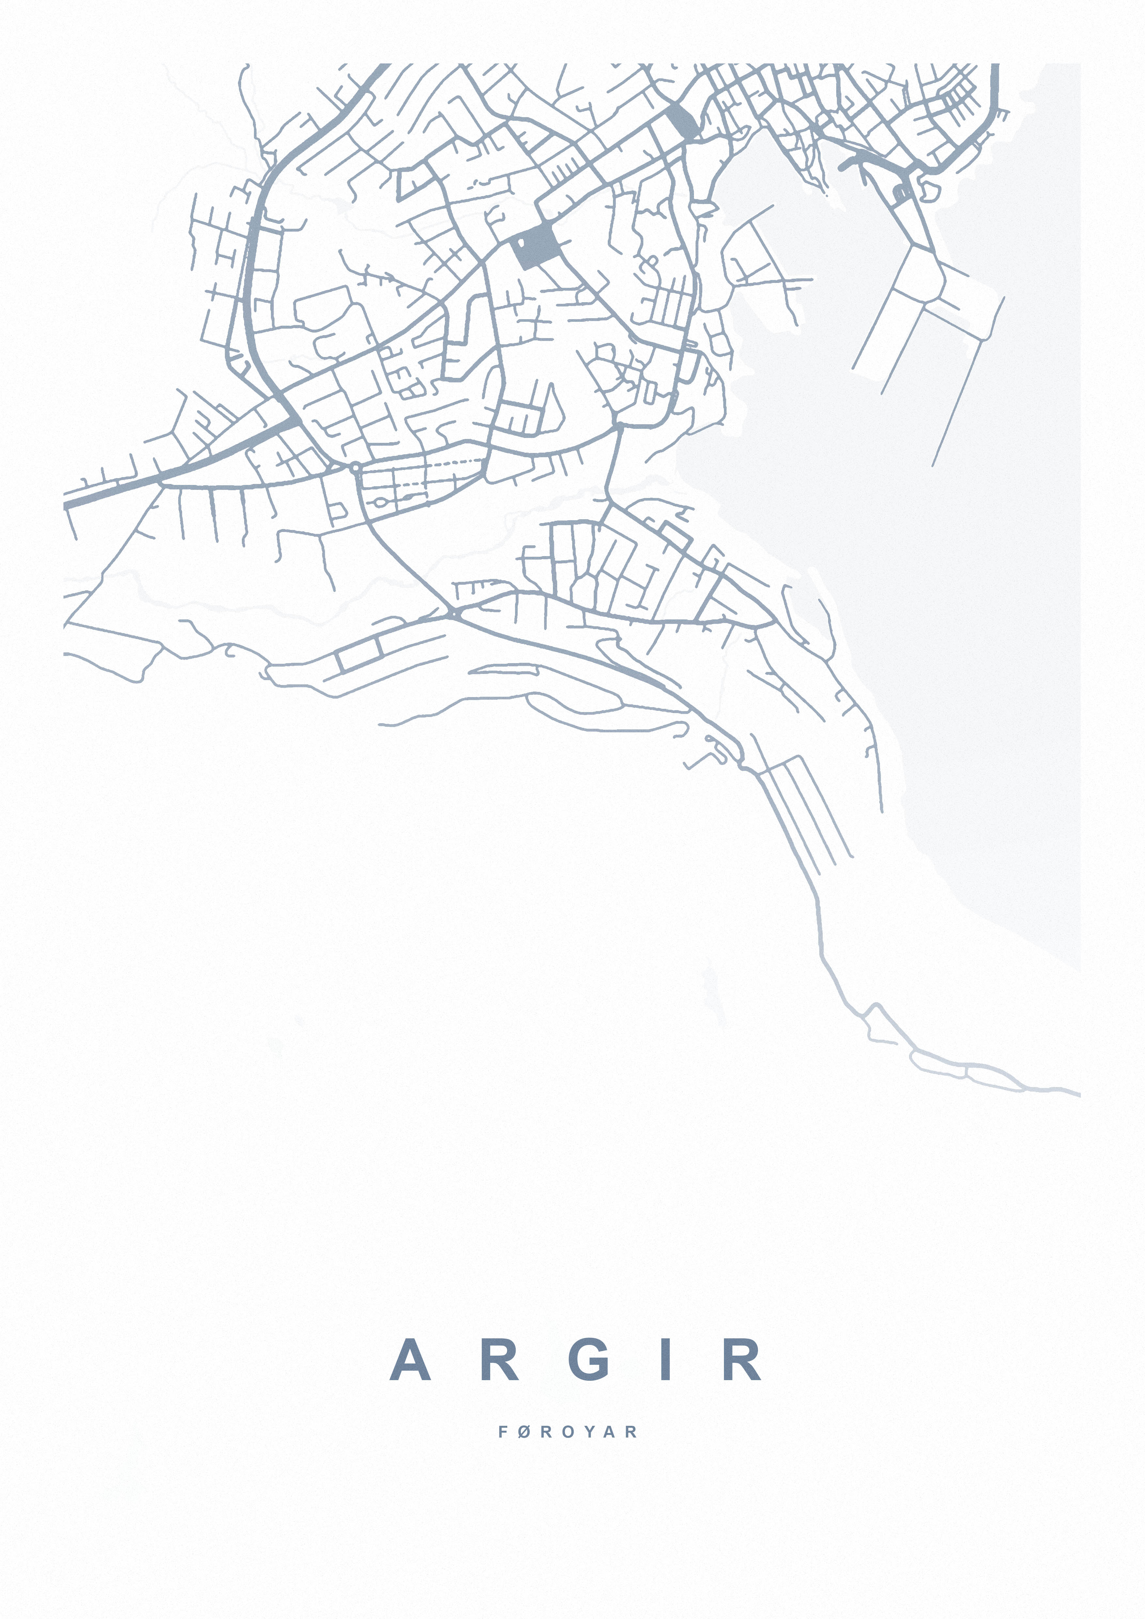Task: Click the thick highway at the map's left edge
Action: coord(106,490)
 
